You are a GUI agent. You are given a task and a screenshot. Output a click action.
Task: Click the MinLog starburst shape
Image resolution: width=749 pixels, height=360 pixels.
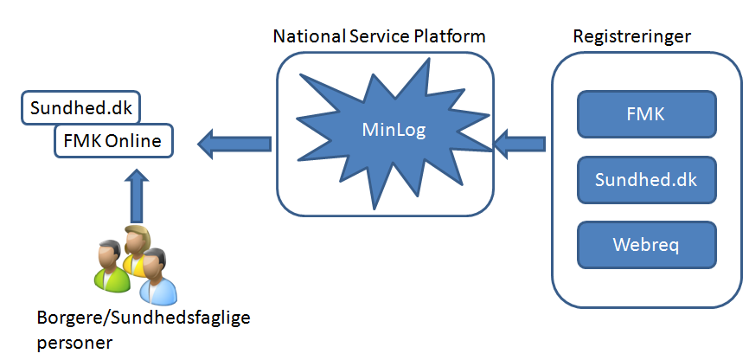[385, 132]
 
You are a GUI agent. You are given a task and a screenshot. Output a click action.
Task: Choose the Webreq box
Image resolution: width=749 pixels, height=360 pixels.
[646, 244]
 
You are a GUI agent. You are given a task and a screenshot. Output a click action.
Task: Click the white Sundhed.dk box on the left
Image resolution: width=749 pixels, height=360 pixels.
[80, 109]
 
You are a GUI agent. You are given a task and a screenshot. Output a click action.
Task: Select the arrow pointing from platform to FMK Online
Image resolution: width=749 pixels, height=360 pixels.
[234, 138]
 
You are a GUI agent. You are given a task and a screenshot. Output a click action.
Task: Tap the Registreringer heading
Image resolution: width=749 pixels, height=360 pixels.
[631, 36]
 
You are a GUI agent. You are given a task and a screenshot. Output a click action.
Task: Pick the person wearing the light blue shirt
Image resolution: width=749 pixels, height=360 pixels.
[158, 286]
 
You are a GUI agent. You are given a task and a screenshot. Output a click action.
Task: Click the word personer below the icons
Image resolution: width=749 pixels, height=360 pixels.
[75, 343]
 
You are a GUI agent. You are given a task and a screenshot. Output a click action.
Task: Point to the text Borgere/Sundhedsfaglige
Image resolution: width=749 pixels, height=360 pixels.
[143, 318]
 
